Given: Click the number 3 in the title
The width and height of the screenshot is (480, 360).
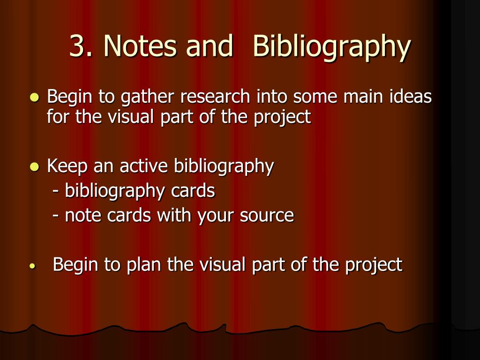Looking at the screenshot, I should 77,46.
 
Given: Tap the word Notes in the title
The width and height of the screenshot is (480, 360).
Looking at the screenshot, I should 141,46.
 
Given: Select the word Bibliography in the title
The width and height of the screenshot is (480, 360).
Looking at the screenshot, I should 331,47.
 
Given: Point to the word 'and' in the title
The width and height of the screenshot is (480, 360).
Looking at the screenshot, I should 210,46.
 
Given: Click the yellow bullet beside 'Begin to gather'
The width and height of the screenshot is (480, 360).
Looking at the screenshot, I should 34,98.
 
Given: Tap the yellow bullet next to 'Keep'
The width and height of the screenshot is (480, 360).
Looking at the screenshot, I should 34,166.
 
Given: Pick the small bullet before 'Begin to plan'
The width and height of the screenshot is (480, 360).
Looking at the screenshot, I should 32,266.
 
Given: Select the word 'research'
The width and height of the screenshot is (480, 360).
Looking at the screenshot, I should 215,97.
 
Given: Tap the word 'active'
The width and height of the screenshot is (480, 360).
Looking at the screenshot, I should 145,166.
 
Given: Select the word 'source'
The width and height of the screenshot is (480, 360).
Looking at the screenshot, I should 267,216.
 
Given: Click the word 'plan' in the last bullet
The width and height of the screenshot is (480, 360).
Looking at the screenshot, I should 144,265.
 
